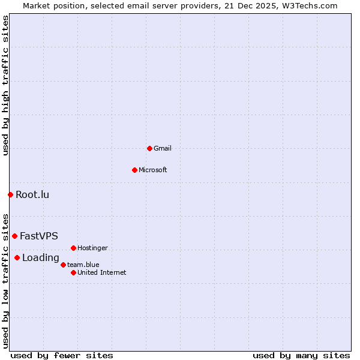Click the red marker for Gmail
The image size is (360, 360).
pos(149,148)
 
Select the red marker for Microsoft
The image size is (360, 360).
pos(134,170)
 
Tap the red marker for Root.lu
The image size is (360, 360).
pos(10,194)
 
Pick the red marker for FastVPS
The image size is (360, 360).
pos(14,236)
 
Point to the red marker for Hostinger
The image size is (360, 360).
pos(73,248)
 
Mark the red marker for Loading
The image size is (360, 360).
pos(17,258)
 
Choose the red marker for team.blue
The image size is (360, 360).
pos(63,265)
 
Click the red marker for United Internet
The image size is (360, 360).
pos(73,272)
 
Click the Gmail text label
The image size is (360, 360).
pos(163,148)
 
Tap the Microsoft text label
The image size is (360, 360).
pos(153,170)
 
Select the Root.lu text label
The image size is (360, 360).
pos(32,194)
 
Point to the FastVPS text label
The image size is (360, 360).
pos(39,236)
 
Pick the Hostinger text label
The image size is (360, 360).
pos(92,248)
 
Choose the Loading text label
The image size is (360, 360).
pos(41,258)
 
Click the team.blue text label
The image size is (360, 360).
pos(83,265)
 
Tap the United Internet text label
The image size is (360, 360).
pos(102,272)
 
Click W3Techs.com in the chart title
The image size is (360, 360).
pos(309,5)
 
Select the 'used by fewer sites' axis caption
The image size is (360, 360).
pos(62,355)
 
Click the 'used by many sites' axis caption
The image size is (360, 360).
pos(301,355)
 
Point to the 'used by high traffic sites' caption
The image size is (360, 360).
pos(5,85)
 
